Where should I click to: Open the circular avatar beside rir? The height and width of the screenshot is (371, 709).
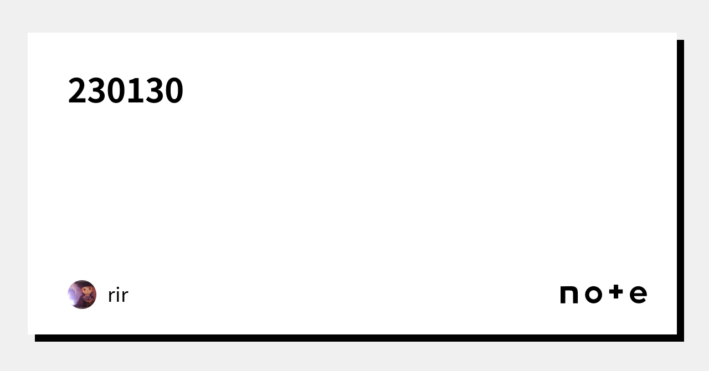pyautogui.click(x=82, y=295)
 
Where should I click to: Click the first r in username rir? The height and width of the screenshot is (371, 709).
pyautogui.click(x=111, y=297)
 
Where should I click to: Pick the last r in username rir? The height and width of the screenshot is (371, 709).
pyautogui.click(x=125, y=297)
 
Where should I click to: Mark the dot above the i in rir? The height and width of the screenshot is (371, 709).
pyautogui.click(x=118, y=288)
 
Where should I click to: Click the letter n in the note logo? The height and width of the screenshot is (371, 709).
pyautogui.click(x=569, y=295)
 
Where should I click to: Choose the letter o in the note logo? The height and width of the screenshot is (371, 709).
pyautogui.click(x=593, y=295)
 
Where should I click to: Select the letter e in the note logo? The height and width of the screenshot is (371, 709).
pyautogui.click(x=638, y=295)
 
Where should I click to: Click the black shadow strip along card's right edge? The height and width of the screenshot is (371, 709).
pyautogui.click(x=680, y=188)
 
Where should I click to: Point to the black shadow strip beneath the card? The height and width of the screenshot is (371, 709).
pyautogui.click(x=354, y=338)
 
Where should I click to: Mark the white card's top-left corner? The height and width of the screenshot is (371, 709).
pyautogui.click(x=29, y=34)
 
